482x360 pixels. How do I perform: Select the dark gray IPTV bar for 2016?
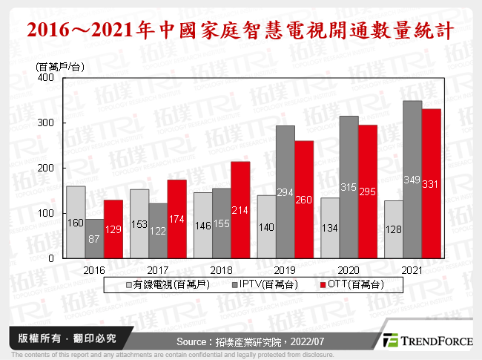click(94, 238)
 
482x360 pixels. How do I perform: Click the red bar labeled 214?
click(240, 210)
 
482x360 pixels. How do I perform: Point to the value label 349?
click(412, 179)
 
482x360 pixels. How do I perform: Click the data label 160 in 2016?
click(75, 222)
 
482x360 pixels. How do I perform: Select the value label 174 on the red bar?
click(176, 219)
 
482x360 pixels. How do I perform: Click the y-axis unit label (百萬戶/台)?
click(60, 67)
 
